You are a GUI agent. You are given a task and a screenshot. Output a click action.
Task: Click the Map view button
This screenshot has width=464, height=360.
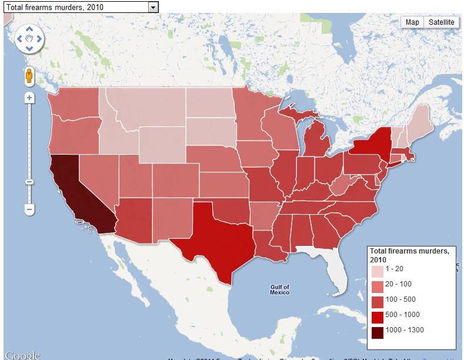[412, 22]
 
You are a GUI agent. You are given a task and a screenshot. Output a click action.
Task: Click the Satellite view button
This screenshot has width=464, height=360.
[441, 22]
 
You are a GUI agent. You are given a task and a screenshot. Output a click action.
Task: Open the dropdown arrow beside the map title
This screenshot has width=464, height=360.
[153, 6]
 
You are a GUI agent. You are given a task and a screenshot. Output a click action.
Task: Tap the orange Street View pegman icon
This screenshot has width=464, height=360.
[29, 76]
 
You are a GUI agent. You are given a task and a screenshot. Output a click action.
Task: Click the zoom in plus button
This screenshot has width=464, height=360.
[29, 98]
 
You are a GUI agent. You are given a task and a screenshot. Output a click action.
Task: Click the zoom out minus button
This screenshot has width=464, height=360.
[29, 209]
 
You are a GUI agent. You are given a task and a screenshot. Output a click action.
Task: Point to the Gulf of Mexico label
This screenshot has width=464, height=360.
[280, 289]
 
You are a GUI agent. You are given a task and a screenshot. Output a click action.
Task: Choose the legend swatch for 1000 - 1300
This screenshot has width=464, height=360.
[377, 332]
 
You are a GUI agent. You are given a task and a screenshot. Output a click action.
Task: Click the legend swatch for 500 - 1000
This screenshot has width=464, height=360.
[377, 316]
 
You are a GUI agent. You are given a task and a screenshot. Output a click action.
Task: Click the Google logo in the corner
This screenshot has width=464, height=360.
[22, 355]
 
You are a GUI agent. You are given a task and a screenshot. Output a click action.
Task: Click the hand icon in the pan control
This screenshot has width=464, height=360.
[29, 39]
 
